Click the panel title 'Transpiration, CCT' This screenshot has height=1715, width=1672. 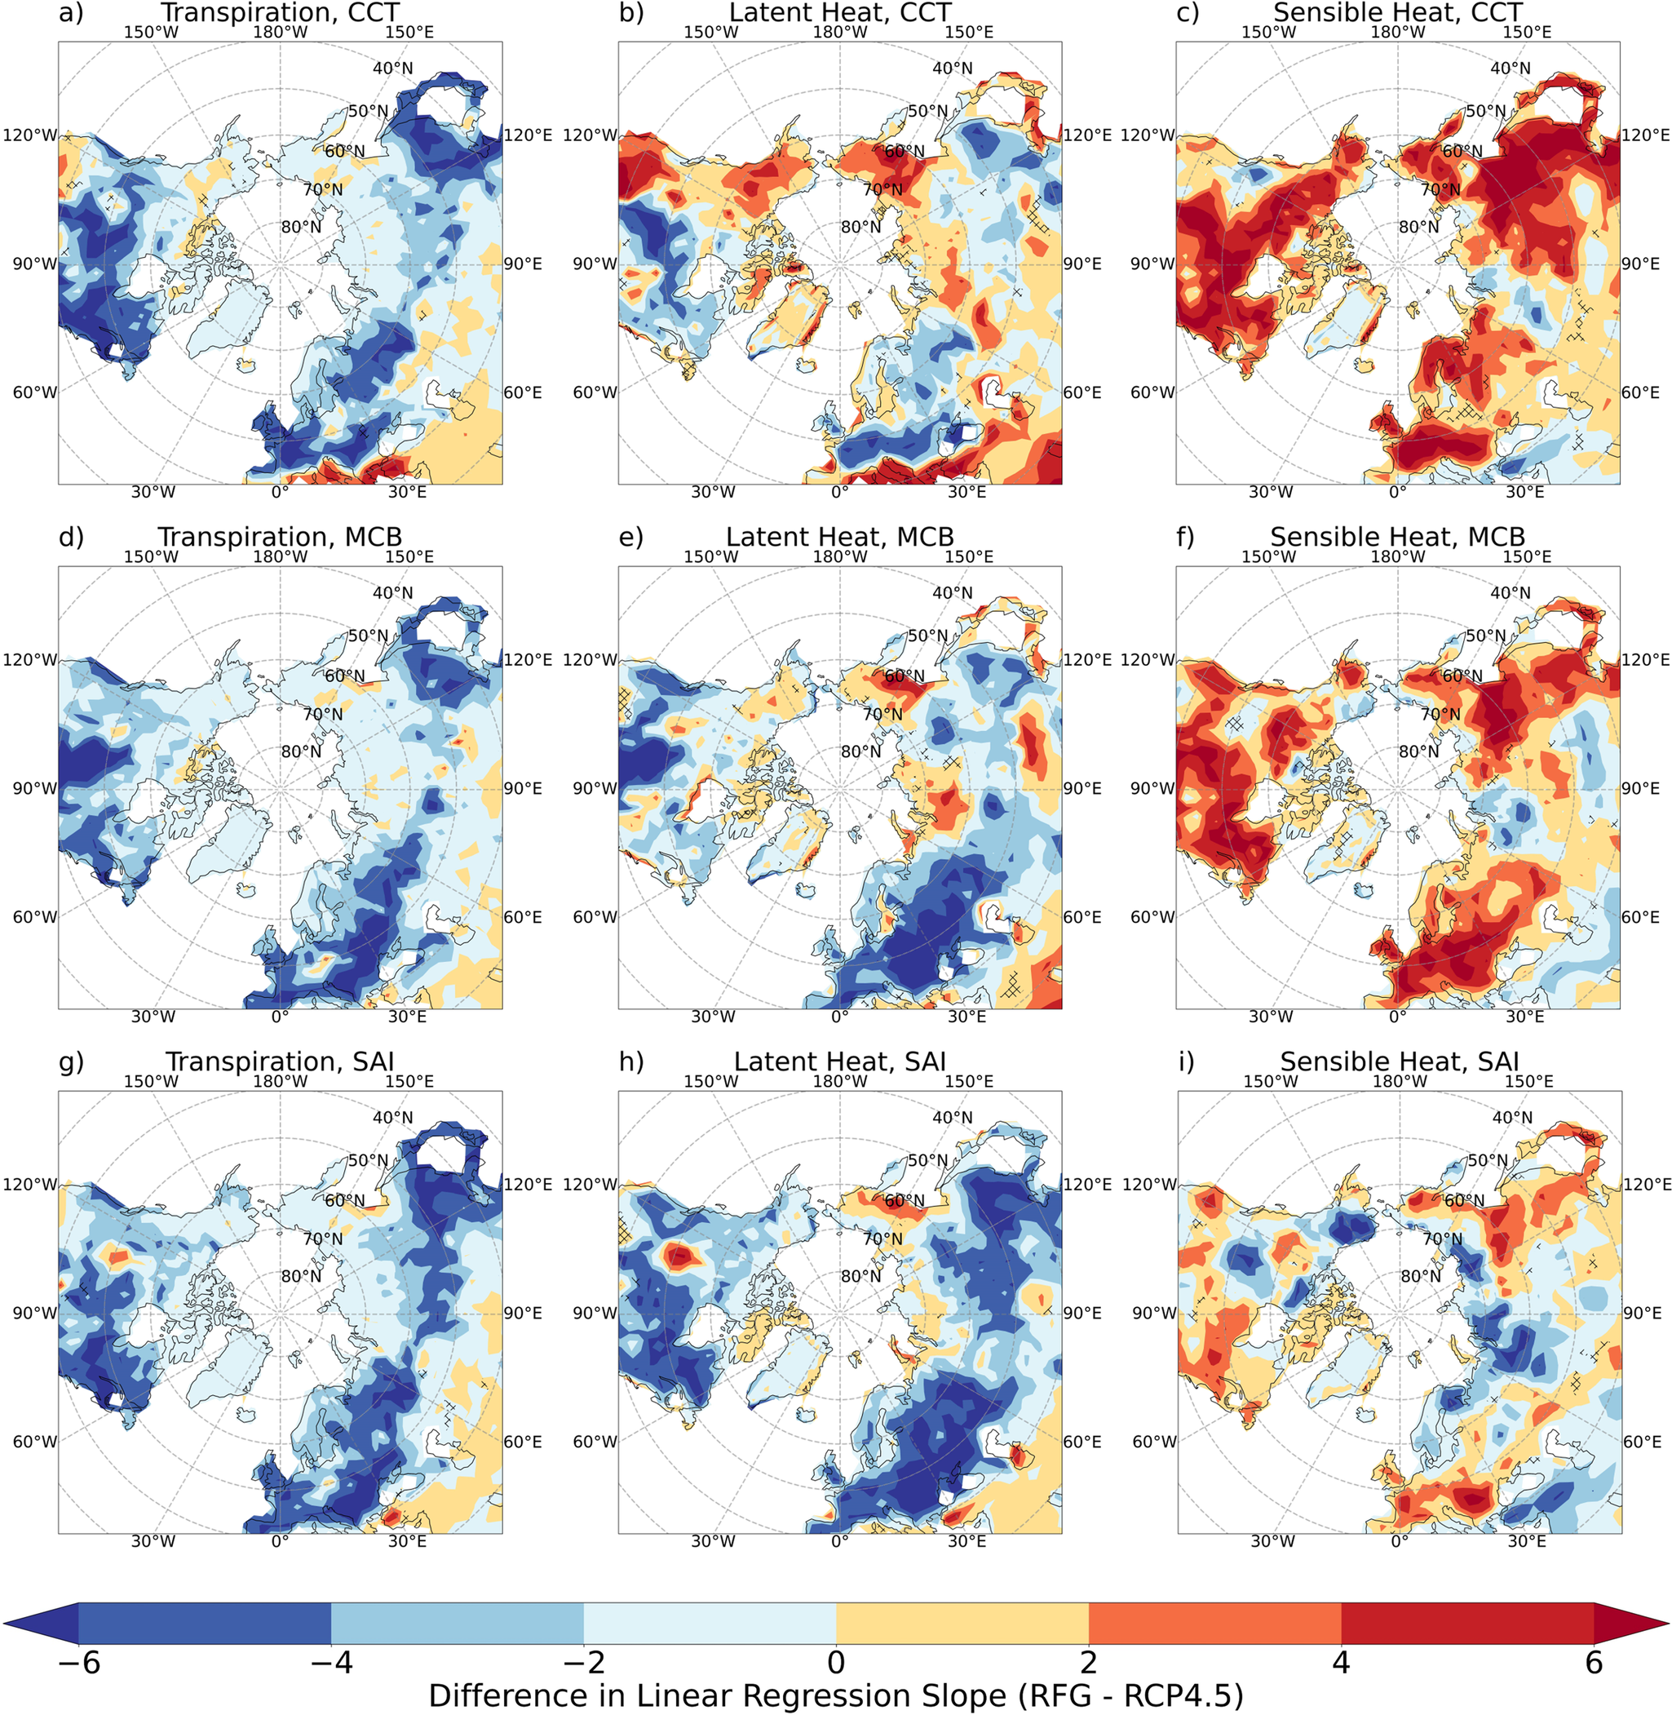tap(279, 12)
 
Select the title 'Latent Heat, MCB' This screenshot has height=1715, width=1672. tap(839, 536)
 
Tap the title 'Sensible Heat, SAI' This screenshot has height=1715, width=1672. tap(1398, 1061)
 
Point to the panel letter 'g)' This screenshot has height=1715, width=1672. tap(71, 1061)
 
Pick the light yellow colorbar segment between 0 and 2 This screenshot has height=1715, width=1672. tap(962, 1622)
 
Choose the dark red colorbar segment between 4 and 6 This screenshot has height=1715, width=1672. tap(1466, 1622)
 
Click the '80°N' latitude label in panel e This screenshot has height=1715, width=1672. tap(861, 752)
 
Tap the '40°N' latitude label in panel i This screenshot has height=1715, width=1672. tap(1512, 1118)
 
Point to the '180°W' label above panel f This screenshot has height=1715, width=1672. tap(1398, 557)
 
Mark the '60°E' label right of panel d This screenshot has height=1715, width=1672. tap(522, 917)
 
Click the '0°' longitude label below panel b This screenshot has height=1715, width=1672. tap(839, 492)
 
